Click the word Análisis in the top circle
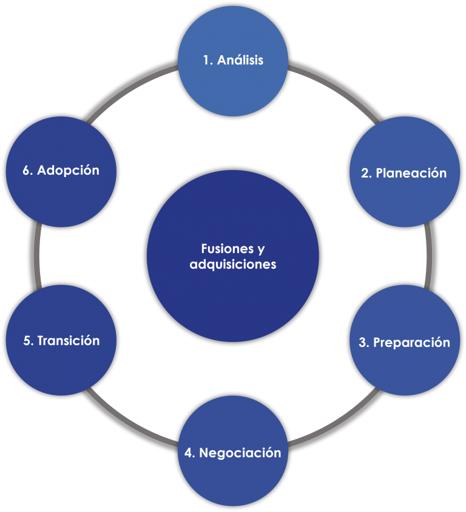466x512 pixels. (x=241, y=61)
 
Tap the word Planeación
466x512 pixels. (x=411, y=173)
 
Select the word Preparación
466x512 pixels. (x=411, y=342)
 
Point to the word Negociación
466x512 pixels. (x=240, y=453)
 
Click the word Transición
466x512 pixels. (x=68, y=340)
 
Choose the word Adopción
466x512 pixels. (x=68, y=170)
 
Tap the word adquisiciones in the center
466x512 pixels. (x=233, y=264)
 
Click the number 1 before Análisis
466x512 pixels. (x=206, y=61)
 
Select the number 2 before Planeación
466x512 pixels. (x=365, y=173)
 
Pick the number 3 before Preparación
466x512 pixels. (x=363, y=342)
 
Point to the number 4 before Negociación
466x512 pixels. (x=189, y=453)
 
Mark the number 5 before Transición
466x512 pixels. (x=27, y=340)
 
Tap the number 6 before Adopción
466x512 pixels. (x=27, y=170)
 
